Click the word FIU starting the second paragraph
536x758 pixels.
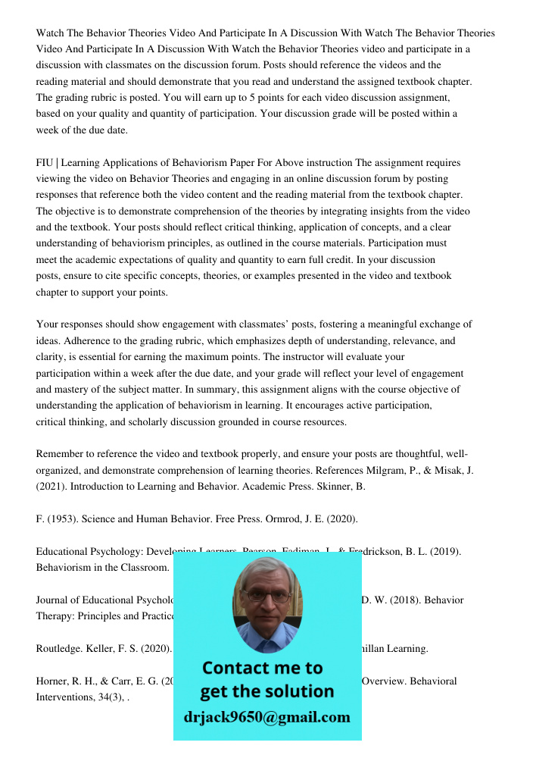coord(45,163)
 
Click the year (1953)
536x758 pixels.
coord(62,519)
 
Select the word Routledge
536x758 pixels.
coord(58,649)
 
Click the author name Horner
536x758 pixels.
coord(53,681)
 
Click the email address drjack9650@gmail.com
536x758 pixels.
coord(267,717)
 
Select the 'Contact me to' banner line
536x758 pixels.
coord(263,668)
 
